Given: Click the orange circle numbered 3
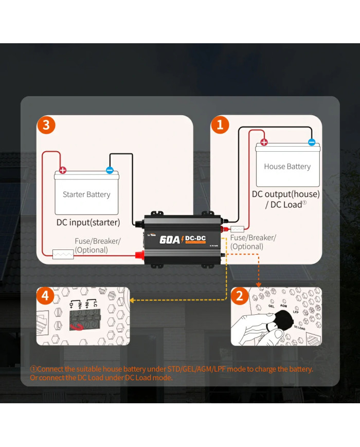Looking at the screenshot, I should pyautogui.click(x=46, y=125).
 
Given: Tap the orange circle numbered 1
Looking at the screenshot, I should pyautogui.click(x=220, y=124).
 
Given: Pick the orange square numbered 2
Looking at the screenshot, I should pyautogui.click(x=239, y=296).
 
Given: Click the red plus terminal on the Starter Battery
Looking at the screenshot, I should pyautogui.click(x=63, y=170).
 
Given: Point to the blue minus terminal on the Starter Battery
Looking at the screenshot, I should pyautogui.click(x=110, y=170).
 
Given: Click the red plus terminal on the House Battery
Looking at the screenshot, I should pyautogui.click(x=264, y=142).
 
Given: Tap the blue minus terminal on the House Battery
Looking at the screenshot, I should pyautogui.click(x=312, y=142).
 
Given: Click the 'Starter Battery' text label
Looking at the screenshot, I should pyautogui.click(x=86, y=194).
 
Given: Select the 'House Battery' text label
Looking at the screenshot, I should pyautogui.click(x=287, y=166).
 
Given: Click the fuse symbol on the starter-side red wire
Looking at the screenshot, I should pyautogui.click(x=63, y=254).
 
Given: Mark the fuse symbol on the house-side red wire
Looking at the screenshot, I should pyautogui.click(x=238, y=229).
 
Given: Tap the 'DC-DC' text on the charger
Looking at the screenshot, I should pyautogui.click(x=196, y=238).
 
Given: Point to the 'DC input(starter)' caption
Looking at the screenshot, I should pyautogui.click(x=88, y=223).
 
